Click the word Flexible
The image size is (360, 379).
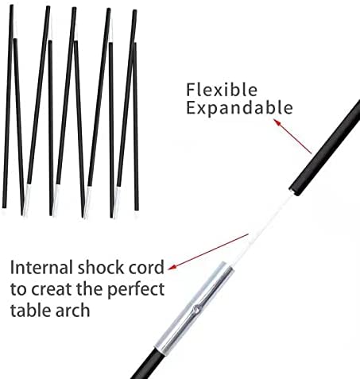pos(222,90)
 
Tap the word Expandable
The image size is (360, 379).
pos(239,108)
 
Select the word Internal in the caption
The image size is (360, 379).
pos(41,268)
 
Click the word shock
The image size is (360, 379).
pos(101,268)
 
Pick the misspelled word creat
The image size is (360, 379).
pos(52,289)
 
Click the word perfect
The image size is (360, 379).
pos(136,290)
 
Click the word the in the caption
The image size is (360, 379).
pos(89,288)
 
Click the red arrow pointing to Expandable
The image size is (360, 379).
pos(292,136)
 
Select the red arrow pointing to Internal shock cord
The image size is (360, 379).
pos(208,252)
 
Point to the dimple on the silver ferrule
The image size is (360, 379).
pos(196,309)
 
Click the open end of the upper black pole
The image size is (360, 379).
pos(295,191)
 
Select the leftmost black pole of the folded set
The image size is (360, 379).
pos(8,106)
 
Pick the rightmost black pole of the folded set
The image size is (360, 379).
pos(136,126)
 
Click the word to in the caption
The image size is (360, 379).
pos(18,289)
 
